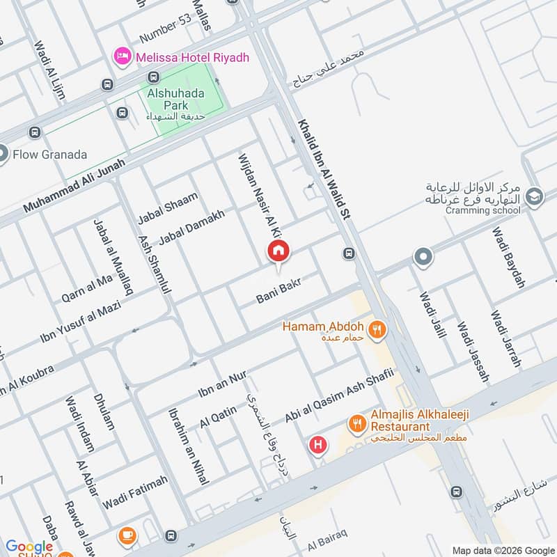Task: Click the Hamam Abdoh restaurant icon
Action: point(377,329)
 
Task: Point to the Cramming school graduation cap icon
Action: point(534,196)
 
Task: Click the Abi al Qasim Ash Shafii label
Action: point(339,396)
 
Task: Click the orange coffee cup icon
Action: point(127,535)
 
